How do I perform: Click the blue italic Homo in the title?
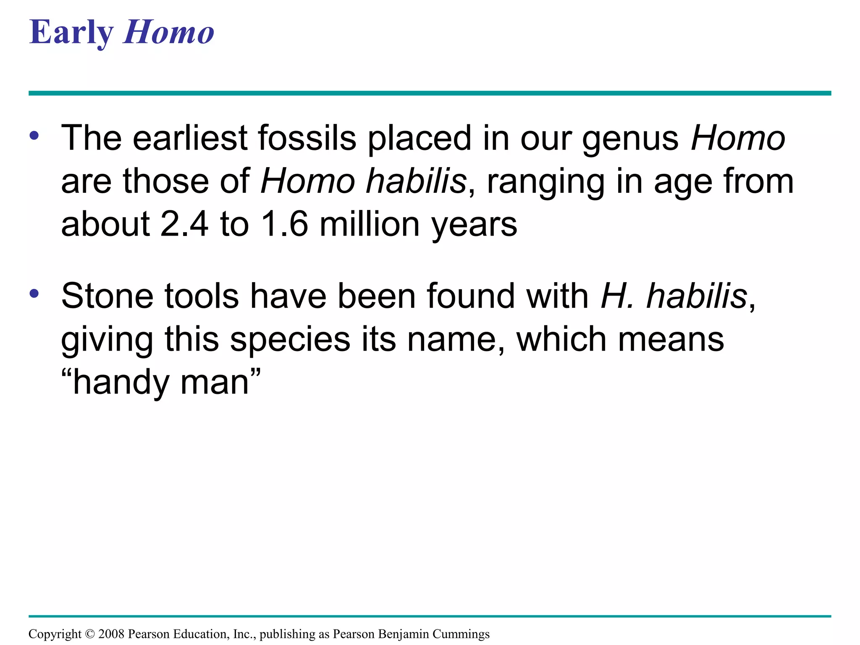pos(168,33)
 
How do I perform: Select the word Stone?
pos(107,296)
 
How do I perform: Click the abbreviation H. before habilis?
pos(616,296)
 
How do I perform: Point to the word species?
pos(290,340)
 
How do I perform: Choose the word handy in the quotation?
pos(121,383)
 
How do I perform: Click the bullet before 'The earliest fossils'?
pos(34,136)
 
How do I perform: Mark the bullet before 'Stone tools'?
pos(34,294)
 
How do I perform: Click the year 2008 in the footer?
pos(111,634)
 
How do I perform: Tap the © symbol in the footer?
pos(90,634)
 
